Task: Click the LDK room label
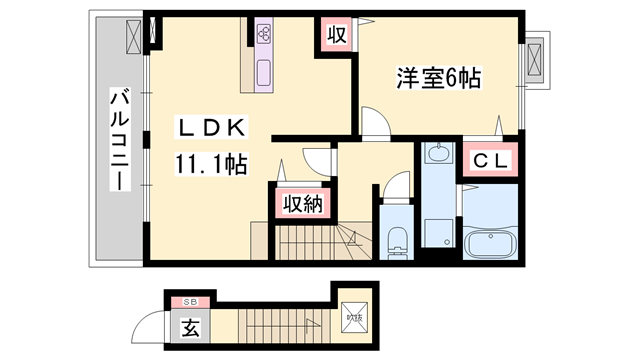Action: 209,128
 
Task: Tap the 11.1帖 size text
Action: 211,163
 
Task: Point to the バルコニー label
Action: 119,139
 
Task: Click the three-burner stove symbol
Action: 265,34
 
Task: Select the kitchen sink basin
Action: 265,73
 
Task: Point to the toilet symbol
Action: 396,240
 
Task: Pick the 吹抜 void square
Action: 356,318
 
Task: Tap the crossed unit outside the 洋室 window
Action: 535,61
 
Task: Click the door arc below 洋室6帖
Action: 373,125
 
